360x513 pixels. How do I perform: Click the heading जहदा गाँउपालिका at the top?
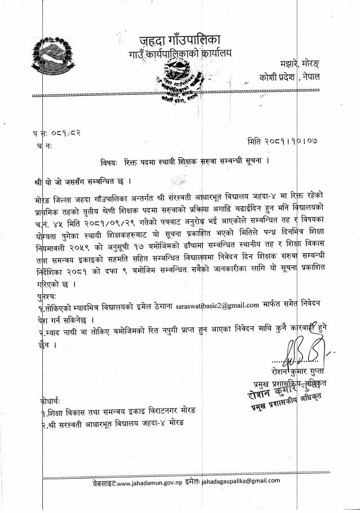tap(180, 40)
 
